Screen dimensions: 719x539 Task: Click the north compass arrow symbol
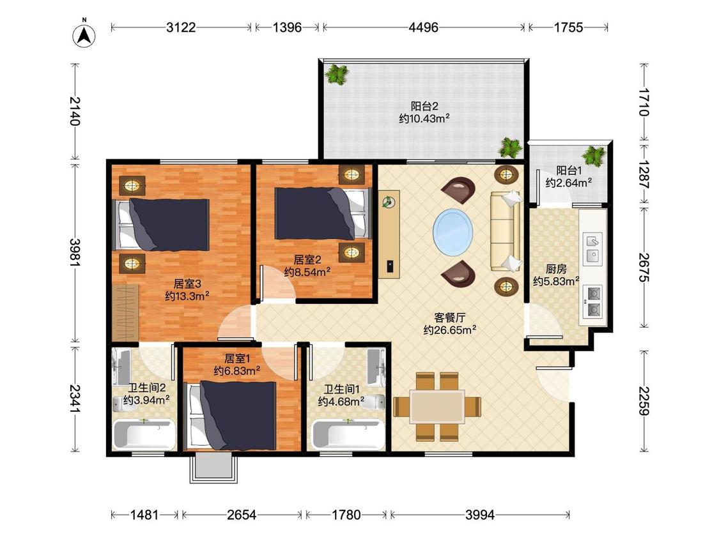click(x=84, y=34)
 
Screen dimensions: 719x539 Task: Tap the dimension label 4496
click(x=423, y=27)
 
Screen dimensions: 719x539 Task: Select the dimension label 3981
click(x=75, y=252)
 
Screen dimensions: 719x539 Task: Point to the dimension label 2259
click(x=644, y=401)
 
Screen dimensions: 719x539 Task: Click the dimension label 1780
click(x=346, y=515)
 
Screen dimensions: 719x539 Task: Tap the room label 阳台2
click(x=424, y=107)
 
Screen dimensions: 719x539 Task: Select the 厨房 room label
click(x=556, y=269)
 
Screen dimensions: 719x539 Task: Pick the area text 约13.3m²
click(x=187, y=296)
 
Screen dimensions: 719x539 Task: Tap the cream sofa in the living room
click(x=506, y=231)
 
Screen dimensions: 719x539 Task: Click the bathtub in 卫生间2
click(x=144, y=435)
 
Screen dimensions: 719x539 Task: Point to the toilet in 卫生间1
click(x=376, y=402)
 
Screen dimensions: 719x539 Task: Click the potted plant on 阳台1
click(x=594, y=155)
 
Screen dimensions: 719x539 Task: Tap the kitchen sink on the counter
click(x=592, y=248)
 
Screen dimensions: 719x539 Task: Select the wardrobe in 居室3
click(x=126, y=312)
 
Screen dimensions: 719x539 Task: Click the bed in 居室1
click(x=230, y=415)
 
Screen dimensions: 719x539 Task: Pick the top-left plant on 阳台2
click(x=337, y=74)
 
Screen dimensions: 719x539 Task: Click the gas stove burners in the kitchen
click(x=594, y=302)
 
